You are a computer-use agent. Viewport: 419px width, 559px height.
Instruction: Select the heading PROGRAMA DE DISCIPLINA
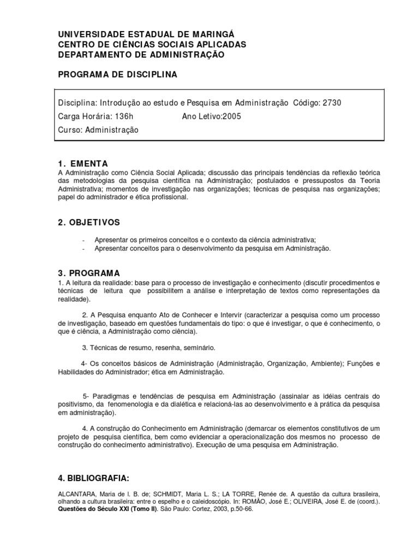(x=117, y=74)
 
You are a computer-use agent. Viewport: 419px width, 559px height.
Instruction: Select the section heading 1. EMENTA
(x=82, y=163)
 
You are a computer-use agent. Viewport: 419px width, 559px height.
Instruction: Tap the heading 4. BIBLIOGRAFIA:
(x=93, y=478)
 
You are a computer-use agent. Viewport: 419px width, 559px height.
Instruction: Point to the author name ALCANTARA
(x=76, y=493)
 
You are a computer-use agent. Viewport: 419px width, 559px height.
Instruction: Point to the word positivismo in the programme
(x=75, y=404)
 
